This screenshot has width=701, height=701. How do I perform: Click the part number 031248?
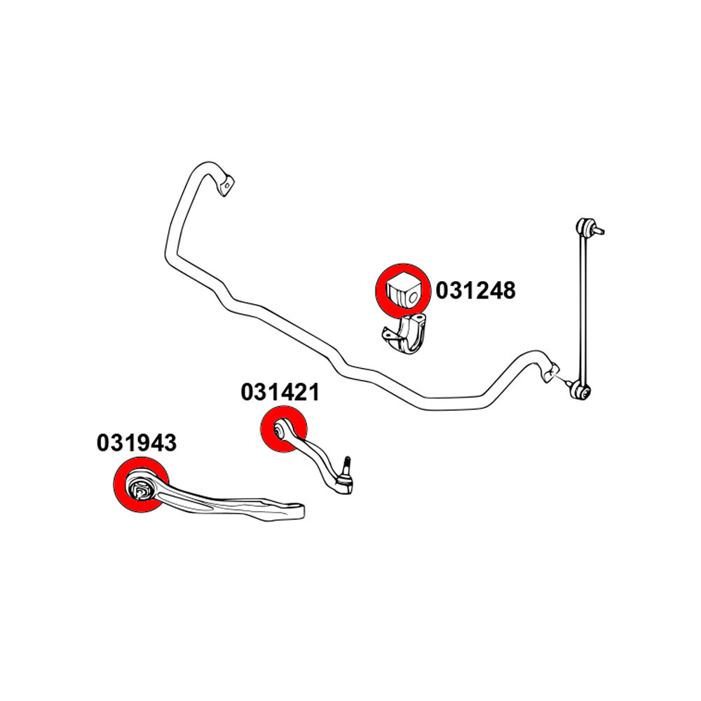475,291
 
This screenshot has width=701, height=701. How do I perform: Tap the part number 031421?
280,393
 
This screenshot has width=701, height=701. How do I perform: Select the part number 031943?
137,443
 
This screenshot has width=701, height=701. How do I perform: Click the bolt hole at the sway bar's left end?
227,184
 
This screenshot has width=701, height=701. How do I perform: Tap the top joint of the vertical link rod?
583,226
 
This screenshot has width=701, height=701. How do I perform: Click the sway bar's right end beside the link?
550,369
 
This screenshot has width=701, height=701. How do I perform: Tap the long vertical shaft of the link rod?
583,309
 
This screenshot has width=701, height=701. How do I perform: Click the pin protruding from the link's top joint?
599,230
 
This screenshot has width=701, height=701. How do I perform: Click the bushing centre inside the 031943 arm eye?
140,491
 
